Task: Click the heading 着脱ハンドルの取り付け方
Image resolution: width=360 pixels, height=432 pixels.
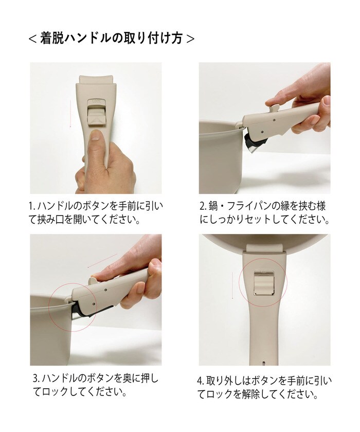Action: pyautogui.click(x=111, y=38)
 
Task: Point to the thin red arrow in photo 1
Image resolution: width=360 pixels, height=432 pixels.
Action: pyautogui.click(x=70, y=113)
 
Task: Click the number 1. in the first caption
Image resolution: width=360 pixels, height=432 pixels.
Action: pyautogui.click(x=32, y=207)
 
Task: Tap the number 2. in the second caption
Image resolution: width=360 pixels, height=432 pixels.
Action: pyautogui.click(x=203, y=207)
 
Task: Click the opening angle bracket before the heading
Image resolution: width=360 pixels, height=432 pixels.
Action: pyautogui.click(x=32, y=39)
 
